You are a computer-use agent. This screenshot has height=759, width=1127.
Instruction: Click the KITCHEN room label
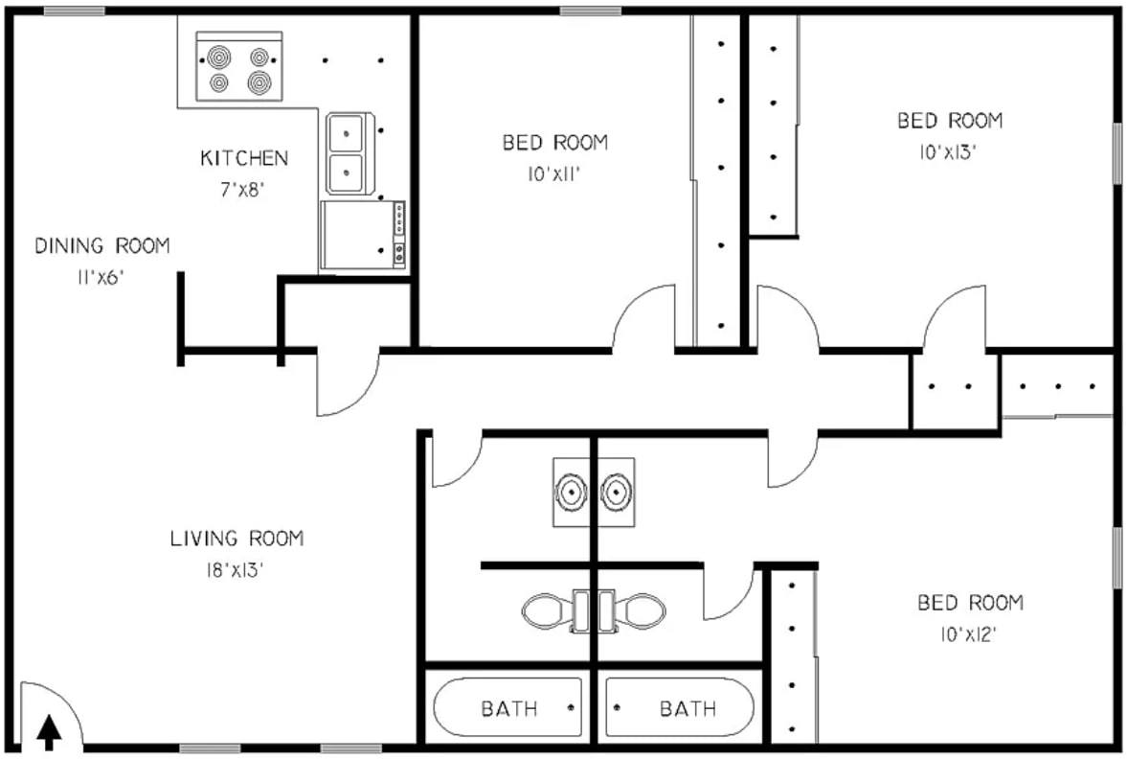tap(243, 158)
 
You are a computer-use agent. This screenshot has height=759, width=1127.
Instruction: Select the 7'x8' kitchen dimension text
tap(242, 189)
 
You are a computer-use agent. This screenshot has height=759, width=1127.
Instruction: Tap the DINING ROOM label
tap(102, 246)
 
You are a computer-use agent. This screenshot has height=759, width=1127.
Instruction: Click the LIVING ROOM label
tap(237, 539)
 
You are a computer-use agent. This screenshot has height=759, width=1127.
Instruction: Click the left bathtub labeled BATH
tap(507, 708)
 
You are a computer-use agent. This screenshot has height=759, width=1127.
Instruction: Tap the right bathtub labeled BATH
tap(680, 708)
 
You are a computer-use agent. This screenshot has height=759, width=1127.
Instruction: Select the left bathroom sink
tap(571, 492)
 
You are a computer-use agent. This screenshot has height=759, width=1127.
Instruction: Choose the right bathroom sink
tap(615, 492)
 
